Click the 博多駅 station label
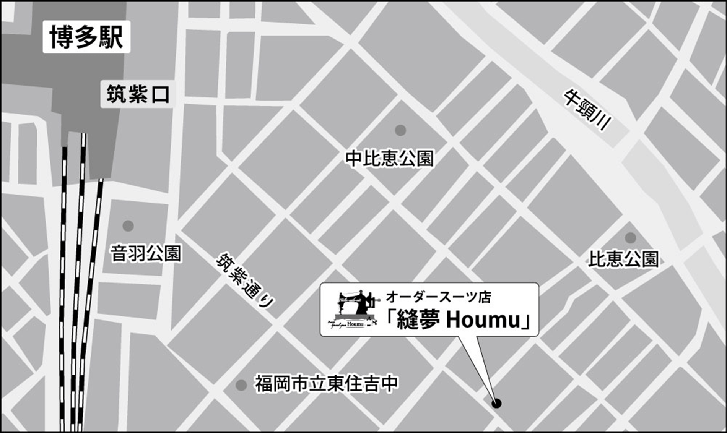tap(86, 37)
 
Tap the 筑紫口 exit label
tap(138, 94)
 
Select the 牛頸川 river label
tap(587, 111)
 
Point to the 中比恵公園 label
tap(389, 158)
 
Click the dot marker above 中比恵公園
tap(400, 130)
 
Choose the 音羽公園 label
tap(146, 253)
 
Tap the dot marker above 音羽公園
tap(128, 225)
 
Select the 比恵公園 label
tap(623, 259)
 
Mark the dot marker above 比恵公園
tap(630, 238)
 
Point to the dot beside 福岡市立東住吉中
tap(241, 385)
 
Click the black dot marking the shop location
tap(496, 403)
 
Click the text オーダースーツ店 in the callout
tap(438, 297)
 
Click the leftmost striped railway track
tap(63, 290)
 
